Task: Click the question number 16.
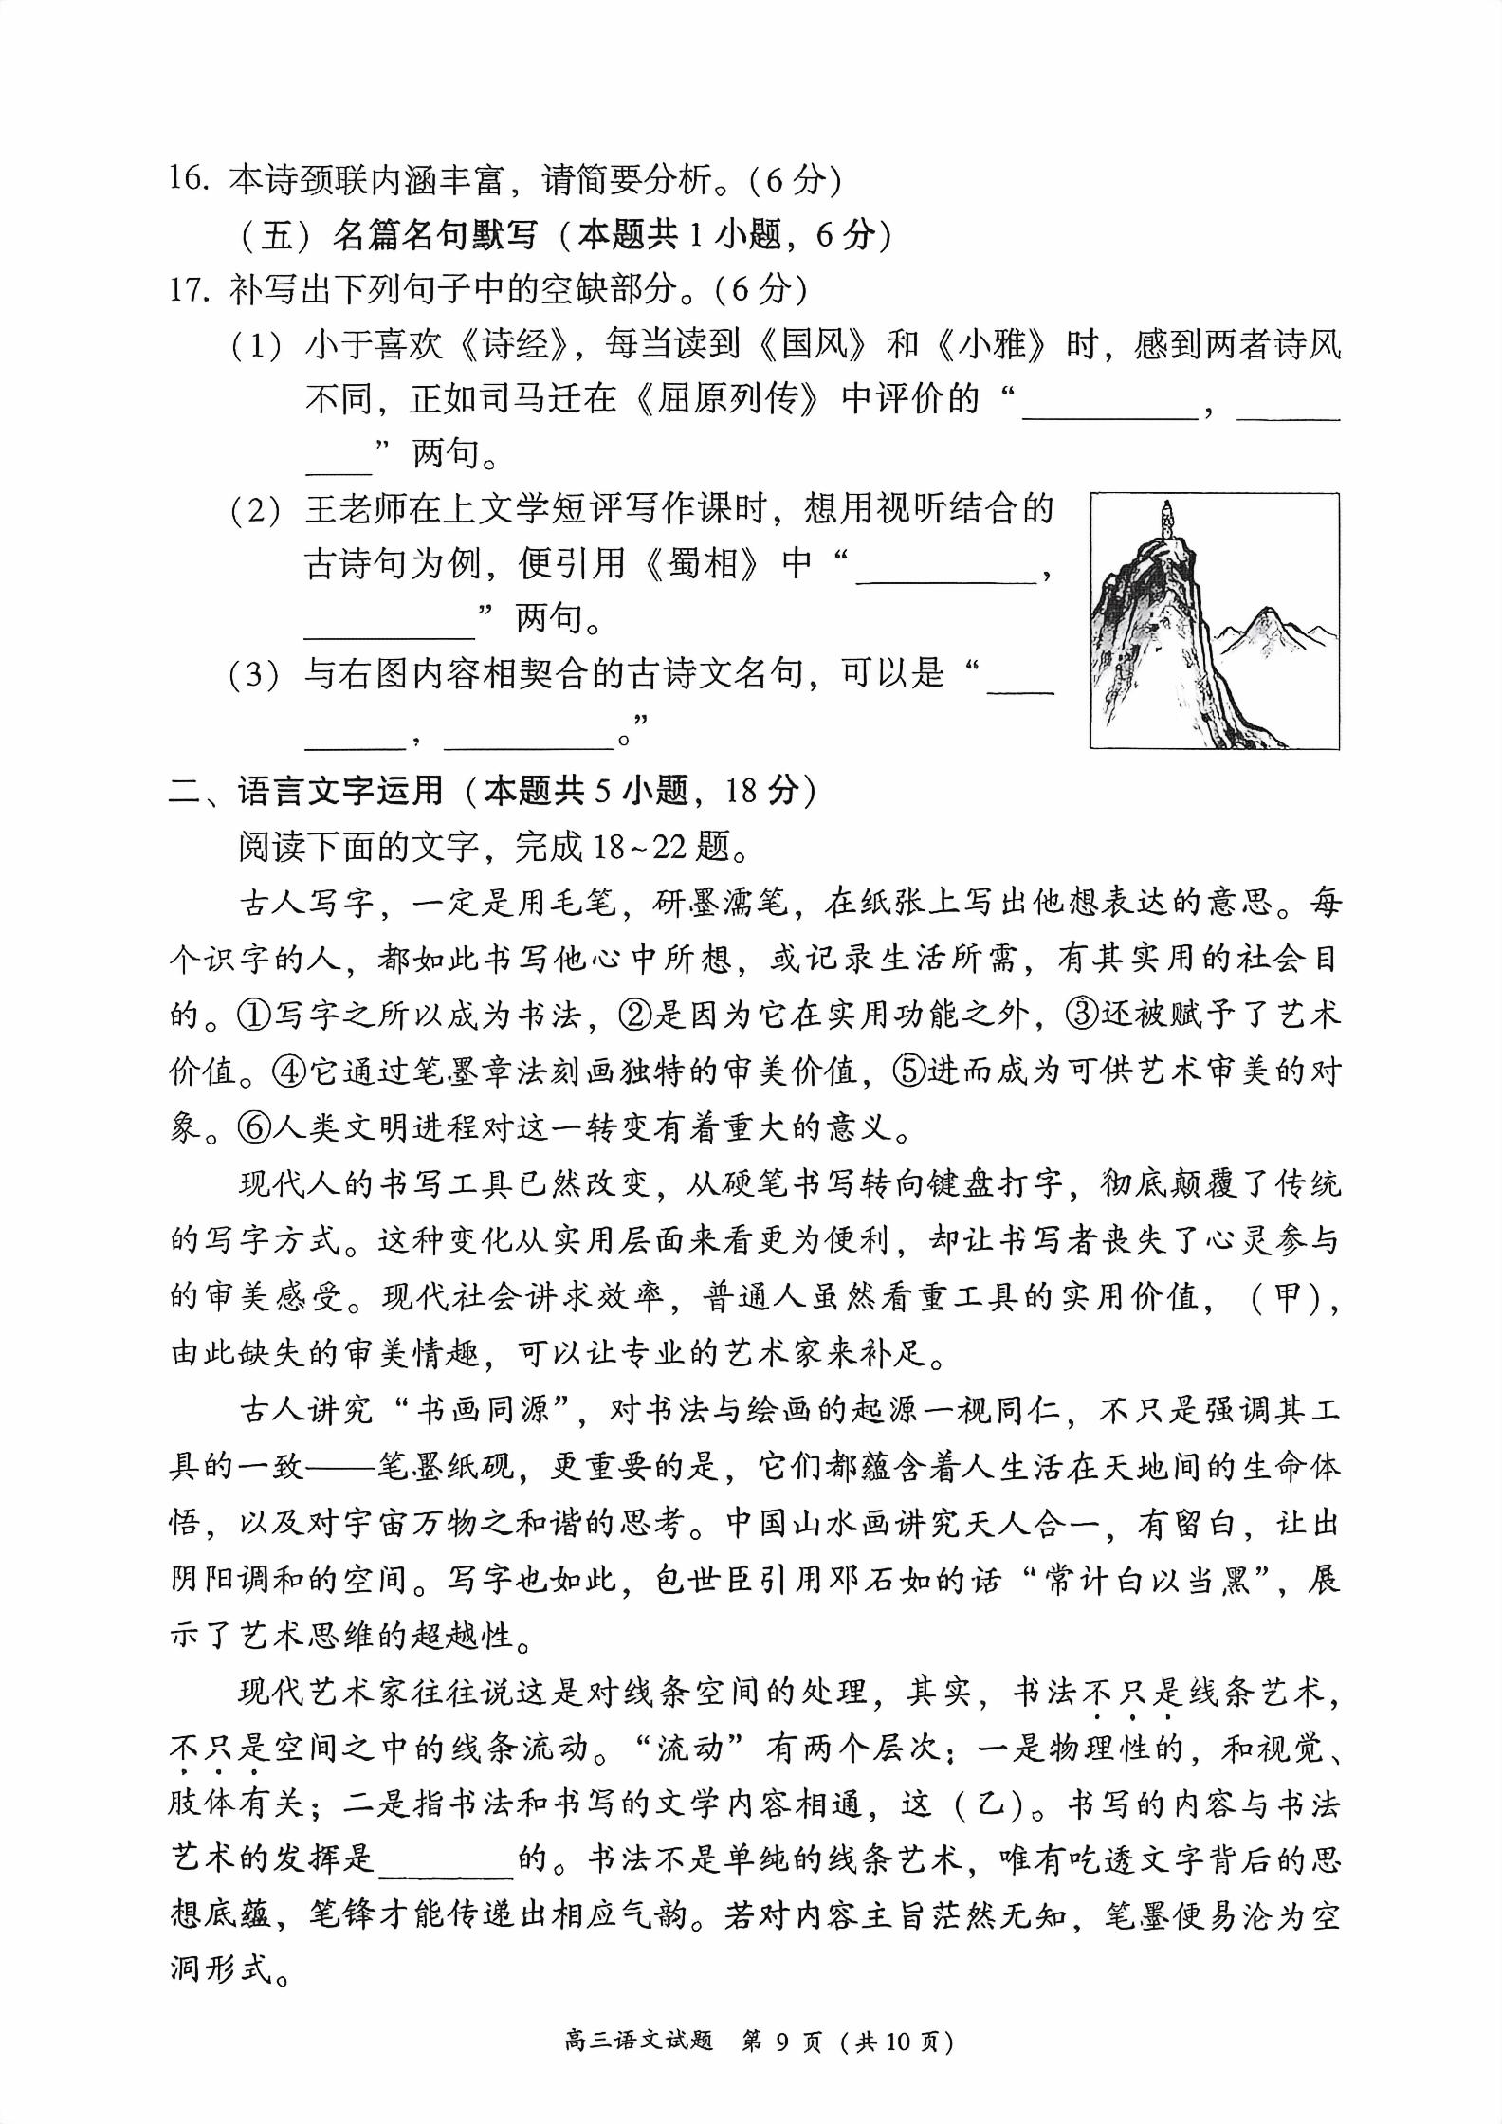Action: pos(189,178)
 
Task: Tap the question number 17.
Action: pos(189,288)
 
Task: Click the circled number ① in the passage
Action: pos(253,1016)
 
